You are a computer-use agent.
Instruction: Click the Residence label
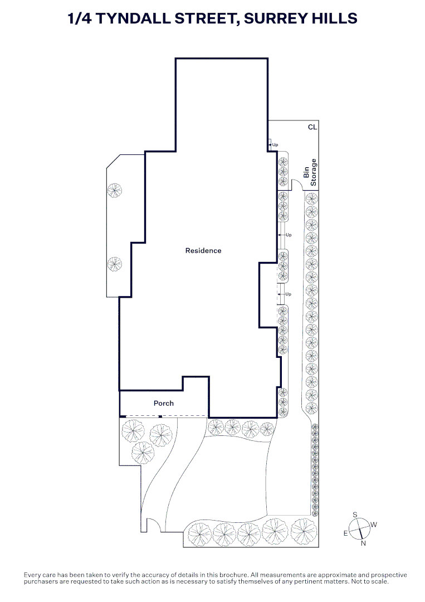[x=203, y=251]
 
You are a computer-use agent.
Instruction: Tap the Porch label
[x=164, y=403]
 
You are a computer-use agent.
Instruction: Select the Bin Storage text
[x=310, y=172]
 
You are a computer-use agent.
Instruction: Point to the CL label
[x=312, y=127]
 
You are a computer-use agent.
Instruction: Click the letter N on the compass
[x=363, y=543]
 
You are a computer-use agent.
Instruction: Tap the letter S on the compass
[x=355, y=515]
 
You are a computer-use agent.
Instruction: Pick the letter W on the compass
[x=374, y=525]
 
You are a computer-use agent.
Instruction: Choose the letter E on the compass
[x=345, y=533]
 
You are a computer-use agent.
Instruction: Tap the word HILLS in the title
[x=335, y=18]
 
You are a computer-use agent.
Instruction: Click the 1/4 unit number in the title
[x=80, y=18]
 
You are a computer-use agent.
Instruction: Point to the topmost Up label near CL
[x=275, y=145]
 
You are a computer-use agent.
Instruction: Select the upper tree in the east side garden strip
[x=115, y=190]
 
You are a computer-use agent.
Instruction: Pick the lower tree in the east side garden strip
[x=115, y=264]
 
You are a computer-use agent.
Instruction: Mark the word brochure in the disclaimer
[x=234, y=575]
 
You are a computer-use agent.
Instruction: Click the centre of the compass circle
[x=359, y=528]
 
